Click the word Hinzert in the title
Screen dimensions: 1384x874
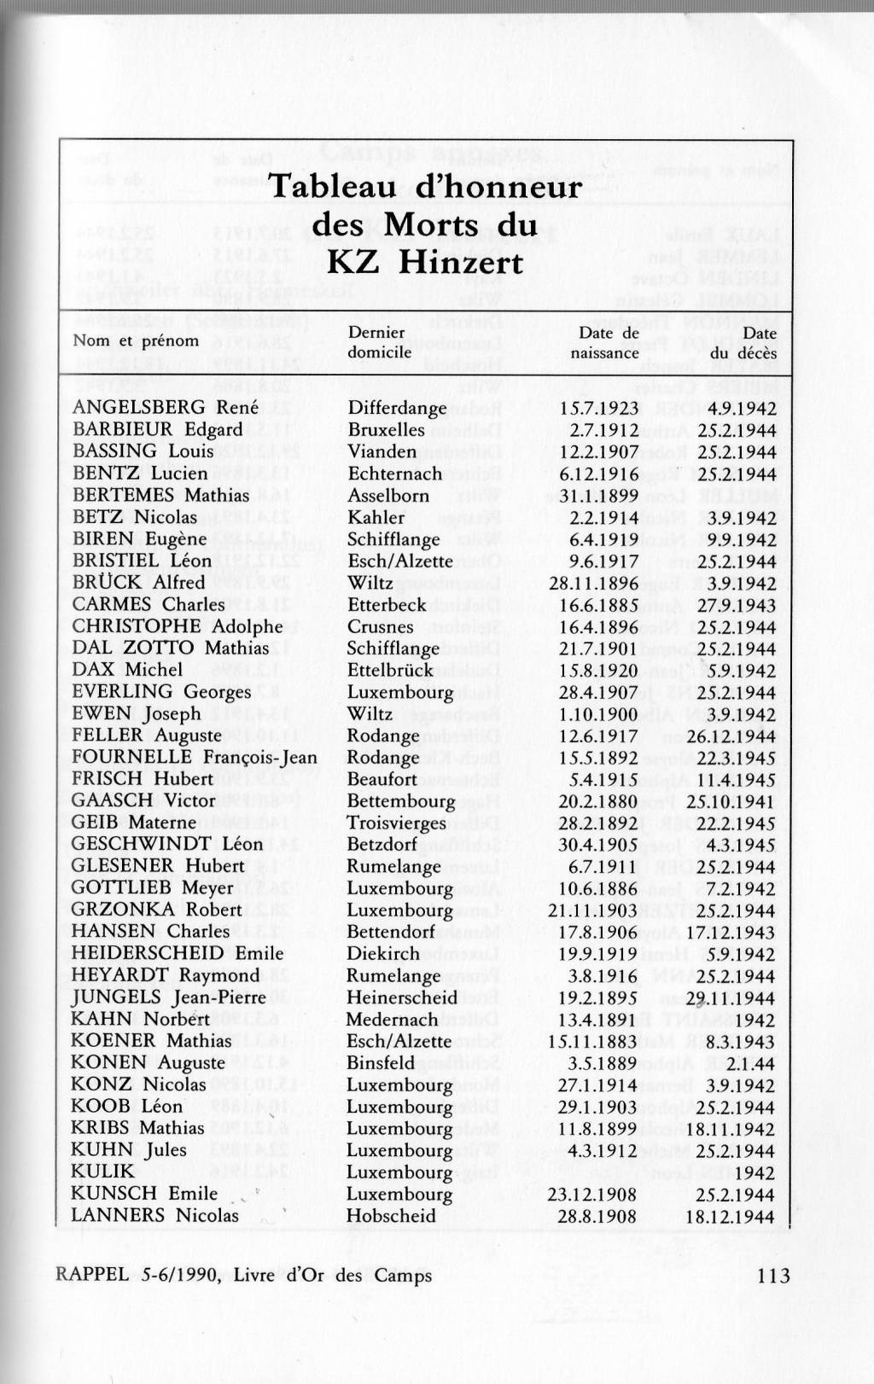tap(462, 262)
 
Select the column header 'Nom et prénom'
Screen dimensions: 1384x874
tap(136, 340)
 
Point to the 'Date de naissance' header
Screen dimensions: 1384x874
tap(605, 342)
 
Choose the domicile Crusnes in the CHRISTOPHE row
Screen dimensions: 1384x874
tap(380, 626)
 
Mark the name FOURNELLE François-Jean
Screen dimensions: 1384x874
tap(194, 757)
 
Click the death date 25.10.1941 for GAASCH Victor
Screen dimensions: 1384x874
tap(730, 801)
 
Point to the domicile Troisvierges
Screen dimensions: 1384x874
tap(395, 823)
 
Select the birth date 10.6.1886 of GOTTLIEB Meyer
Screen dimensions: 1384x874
tap(597, 888)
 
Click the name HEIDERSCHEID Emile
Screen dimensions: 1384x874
tap(177, 953)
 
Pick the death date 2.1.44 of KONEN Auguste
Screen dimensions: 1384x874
tap(752, 1062)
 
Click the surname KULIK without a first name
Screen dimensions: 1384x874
tap(102, 1171)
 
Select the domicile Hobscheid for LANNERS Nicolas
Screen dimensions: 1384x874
tap(391, 1215)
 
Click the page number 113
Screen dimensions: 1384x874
tap(772, 1276)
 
